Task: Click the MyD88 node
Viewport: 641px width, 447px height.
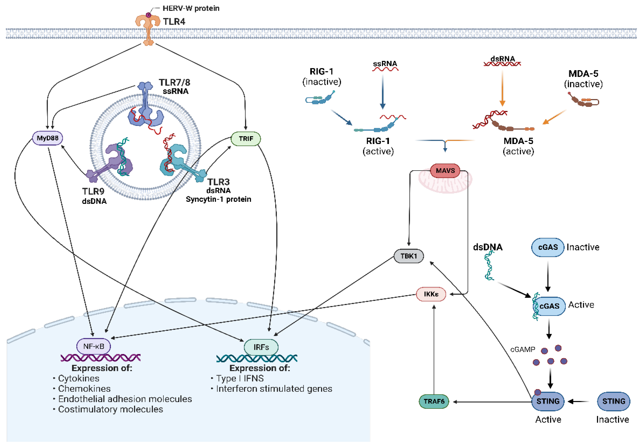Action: pos(47,138)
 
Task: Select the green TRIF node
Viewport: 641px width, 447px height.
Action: pos(246,139)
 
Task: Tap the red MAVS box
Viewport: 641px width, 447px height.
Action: pos(445,170)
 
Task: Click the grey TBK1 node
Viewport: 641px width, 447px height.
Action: pos(409,256)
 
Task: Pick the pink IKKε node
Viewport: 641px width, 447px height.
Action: pos(431,294)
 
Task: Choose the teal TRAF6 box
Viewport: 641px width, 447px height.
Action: pos(434,401)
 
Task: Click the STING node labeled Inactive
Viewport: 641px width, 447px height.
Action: pos(613,401)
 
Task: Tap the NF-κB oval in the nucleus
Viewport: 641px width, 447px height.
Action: pos(94,346)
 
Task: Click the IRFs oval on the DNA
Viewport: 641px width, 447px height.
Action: pos(261,347)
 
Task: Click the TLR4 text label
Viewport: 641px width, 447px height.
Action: pos(174,22)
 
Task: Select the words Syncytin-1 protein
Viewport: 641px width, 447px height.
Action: pos(218,199)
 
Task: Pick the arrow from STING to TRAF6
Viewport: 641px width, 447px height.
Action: pos(491,402)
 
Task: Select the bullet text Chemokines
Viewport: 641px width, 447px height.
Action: pos(84,389)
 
